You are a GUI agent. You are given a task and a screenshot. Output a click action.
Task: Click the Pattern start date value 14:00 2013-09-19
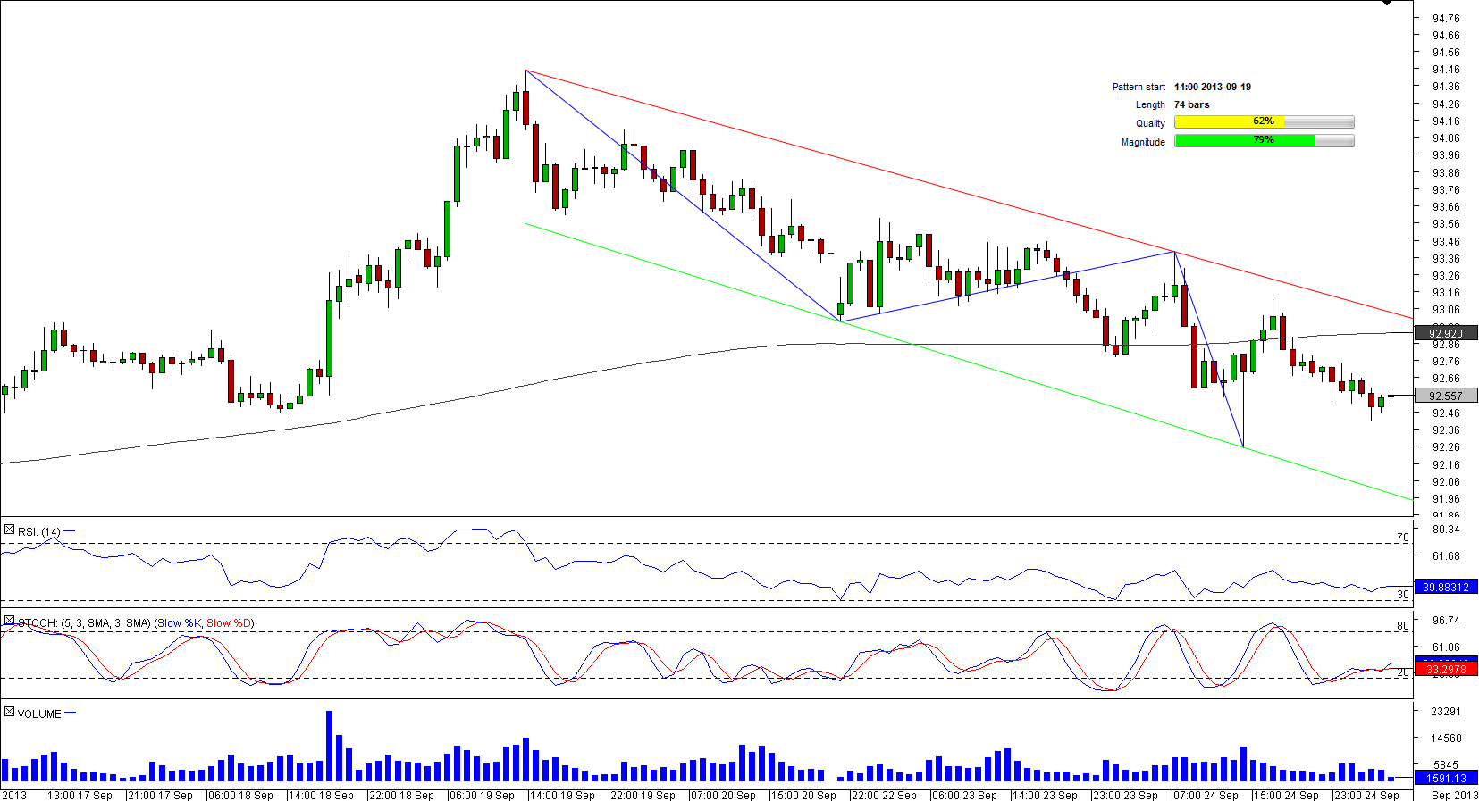1212,87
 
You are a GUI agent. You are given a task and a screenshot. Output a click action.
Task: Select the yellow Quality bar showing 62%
1264,121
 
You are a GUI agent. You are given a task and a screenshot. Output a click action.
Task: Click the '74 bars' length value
1191,104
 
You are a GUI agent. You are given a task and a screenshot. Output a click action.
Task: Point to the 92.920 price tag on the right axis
1445,333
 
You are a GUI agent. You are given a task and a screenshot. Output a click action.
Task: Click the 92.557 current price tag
1445,396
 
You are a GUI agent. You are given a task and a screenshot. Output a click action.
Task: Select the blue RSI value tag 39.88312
1445,587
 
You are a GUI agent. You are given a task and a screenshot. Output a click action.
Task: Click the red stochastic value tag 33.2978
1445,669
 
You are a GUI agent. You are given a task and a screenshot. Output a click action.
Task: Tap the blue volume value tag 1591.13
1445,778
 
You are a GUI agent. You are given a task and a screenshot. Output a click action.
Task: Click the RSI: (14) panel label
39,531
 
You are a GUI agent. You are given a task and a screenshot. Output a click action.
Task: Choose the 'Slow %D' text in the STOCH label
229,622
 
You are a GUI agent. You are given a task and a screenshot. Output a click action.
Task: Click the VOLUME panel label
39,713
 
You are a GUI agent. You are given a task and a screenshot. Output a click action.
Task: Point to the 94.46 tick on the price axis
1445,69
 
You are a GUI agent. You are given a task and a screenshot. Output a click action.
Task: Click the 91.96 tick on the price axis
1445,499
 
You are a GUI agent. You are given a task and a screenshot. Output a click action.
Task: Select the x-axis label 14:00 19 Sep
562,795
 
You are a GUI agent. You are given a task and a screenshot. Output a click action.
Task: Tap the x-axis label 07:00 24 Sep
1206,795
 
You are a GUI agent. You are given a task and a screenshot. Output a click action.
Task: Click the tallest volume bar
329,746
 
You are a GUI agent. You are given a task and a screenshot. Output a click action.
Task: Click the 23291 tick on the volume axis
1445,711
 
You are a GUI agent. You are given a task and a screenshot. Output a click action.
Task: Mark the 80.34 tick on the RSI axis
1445,529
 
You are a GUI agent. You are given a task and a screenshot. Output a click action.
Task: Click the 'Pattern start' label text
1139,87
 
